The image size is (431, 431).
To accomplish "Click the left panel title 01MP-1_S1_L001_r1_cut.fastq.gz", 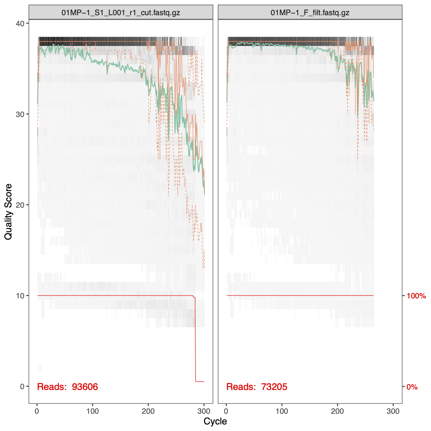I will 121,12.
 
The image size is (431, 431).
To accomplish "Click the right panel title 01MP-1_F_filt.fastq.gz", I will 310,12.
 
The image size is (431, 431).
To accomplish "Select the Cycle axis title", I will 215,422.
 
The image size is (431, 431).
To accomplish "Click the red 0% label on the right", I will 412,387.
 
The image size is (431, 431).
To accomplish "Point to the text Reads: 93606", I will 68,387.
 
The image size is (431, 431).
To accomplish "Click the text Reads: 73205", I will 257,387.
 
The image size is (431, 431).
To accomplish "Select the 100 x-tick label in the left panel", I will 93,411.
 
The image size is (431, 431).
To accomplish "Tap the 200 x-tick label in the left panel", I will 149,411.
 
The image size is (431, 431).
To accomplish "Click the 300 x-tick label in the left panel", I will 204,411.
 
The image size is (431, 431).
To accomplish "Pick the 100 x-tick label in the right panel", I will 282,411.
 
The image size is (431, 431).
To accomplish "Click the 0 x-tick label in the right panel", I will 227,411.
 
